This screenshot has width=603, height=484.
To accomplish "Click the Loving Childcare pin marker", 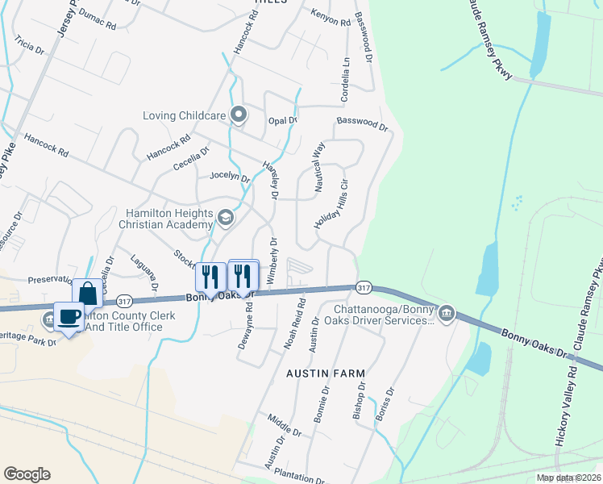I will point(238,115).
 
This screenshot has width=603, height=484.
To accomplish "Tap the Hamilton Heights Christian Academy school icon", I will point(226,216).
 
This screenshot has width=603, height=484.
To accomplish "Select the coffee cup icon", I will point(69,316).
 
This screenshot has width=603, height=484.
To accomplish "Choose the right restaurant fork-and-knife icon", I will point(243,276).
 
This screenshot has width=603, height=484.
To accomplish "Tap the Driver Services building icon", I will point(447,313).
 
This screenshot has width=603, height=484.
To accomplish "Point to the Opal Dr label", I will point(282,120).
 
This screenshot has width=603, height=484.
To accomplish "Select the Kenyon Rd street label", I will point(331,17).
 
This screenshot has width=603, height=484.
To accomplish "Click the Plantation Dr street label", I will point(299,477).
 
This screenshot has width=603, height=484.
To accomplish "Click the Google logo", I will point(27,474).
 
